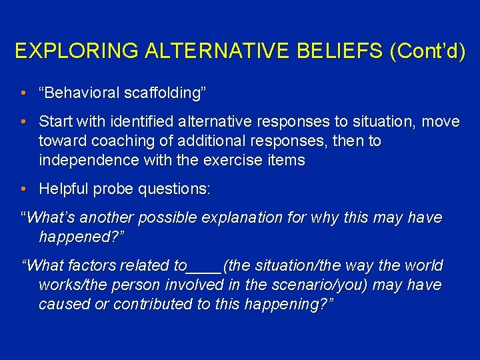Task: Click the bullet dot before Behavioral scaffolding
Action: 23,93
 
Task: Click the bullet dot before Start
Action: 23,122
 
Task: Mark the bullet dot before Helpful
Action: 23,189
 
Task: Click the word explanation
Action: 239,218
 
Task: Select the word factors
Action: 93,266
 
